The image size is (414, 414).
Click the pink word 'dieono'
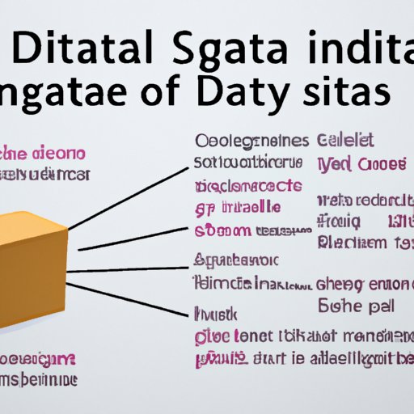pyautogui.click(x=63, y=154)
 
